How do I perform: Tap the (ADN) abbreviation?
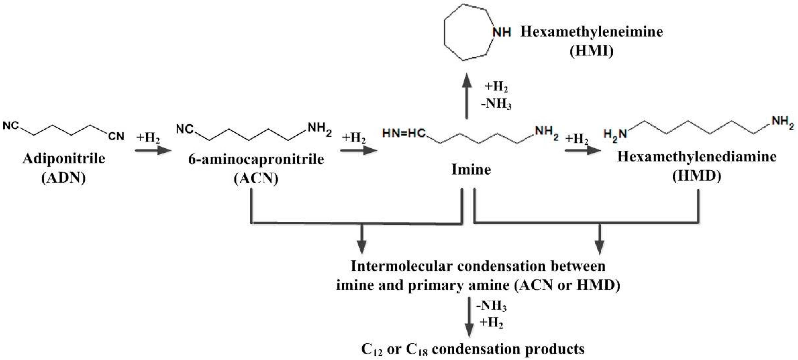click(64, 178)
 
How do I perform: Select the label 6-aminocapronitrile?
click(256, 159)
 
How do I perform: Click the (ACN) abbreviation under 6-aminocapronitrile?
click(256, 179)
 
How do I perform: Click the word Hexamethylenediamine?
click(697, 157)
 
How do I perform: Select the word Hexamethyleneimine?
click(592, 32)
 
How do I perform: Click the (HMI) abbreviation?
click(592, 51)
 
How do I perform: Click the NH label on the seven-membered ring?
click(502, 32)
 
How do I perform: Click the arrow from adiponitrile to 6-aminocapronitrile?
click(153, 151)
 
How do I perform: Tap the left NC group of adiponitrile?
click(11, 126)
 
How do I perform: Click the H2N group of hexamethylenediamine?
click(615, 134)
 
